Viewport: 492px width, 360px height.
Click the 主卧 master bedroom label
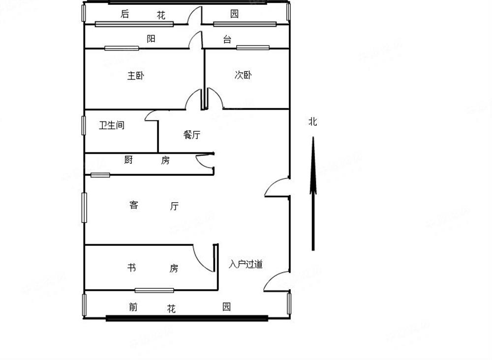point(136,76)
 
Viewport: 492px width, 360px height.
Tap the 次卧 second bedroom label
point(243,75)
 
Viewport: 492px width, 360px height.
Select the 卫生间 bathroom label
point(112,125)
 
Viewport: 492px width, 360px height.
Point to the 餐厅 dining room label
point(192,135)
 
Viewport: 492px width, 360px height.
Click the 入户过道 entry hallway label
point(246,265)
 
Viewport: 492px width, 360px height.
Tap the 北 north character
point(313,121)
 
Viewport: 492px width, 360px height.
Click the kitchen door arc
point(203,160)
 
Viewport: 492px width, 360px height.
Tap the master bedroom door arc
point(193,100)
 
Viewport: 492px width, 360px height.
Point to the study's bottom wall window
point(151,290)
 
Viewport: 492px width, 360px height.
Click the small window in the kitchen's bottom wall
point(100,175)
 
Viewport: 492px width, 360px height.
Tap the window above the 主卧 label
point(122,48)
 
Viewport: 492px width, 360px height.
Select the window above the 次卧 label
point(252,48)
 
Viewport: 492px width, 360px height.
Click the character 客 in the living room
point(134,205)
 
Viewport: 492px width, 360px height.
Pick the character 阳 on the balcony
point(151,39)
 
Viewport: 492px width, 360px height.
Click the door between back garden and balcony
point(196,16)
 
